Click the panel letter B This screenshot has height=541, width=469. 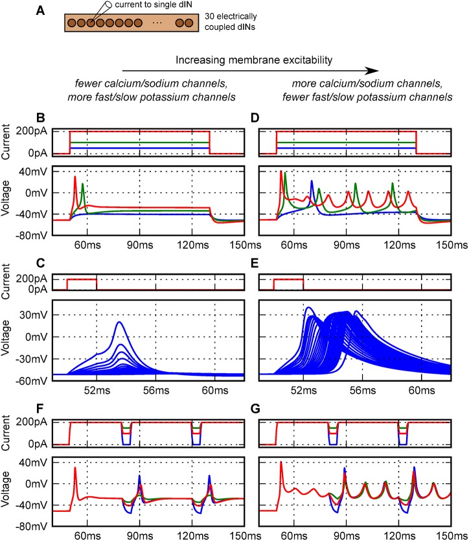pyautogui.click(x=40, y=119)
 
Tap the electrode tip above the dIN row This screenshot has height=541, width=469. pyautogui.click(x=91, y=21)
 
